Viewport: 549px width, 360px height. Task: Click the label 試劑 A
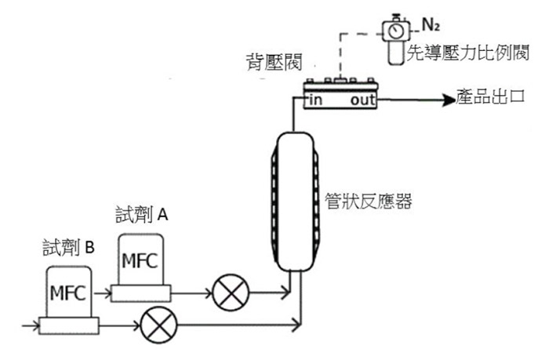point(142,214)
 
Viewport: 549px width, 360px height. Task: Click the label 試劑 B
point(69,248)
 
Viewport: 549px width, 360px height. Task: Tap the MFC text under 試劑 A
point(140,261)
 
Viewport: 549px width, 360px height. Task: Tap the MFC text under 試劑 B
point(68,293)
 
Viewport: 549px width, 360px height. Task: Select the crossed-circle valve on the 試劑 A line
point(231,293)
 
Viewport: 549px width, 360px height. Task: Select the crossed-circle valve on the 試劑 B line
point(158,325)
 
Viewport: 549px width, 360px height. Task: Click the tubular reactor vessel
point(295,202)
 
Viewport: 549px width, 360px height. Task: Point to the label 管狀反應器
point(369,201)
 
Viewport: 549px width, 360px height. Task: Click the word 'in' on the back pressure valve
point(315,100)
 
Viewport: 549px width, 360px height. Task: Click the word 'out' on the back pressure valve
point(362,100)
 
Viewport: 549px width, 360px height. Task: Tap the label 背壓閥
point(274,62)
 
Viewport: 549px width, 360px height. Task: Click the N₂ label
point(431,25)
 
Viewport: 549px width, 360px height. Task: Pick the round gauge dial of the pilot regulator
point(395,31)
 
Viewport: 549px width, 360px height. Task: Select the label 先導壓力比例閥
point(467,53)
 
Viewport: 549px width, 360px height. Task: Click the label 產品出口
point(490,96)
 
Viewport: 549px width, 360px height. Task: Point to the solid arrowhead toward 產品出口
point(449,100)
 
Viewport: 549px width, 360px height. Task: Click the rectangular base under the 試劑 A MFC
point(140,293)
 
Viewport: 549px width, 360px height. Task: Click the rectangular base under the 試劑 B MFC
point(69,325)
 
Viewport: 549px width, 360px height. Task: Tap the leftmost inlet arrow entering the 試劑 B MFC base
point(31,325)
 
